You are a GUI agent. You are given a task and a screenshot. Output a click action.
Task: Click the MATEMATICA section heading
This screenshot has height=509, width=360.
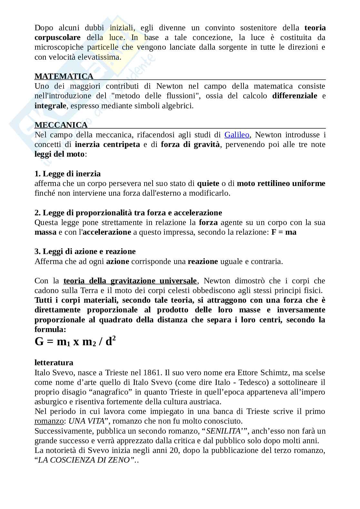coord(64,76)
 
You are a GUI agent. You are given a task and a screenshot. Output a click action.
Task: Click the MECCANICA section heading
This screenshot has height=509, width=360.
coord(61,125)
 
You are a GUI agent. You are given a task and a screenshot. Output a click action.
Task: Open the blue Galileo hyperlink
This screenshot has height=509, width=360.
coord(237,135)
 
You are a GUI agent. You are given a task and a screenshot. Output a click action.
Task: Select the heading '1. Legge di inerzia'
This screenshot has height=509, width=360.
coord(68,174)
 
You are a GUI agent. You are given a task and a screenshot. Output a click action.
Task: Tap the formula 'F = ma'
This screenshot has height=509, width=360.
coord(284,232)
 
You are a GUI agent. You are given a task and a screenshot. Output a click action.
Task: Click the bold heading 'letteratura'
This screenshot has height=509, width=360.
coord(54,363)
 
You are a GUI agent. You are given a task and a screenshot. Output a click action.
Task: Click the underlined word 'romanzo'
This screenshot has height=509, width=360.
coord(49,421)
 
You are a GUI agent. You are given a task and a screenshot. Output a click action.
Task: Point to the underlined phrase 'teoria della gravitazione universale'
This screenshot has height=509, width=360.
coord(130,281)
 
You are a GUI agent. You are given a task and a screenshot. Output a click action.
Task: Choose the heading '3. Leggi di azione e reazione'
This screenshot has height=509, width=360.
coord(85,251)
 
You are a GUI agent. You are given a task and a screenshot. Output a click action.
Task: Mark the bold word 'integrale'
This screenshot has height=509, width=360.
coord(50,106)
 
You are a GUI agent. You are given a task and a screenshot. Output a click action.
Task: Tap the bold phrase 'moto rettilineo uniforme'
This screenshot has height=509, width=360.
coord(281,183)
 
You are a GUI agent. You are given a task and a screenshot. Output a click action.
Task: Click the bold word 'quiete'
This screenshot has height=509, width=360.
coord(208,183)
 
